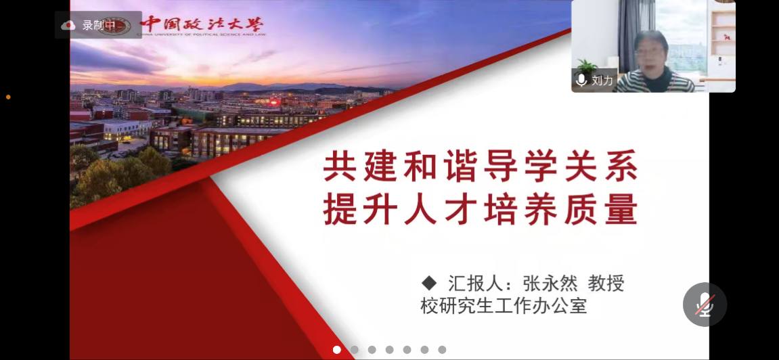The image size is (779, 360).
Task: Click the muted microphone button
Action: (x=705, y=305)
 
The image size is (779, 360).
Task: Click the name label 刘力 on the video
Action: (x=602, y=80)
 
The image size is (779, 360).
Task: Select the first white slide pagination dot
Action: (x=337, y=350)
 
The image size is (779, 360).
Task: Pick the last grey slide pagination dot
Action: (x=442, y=350)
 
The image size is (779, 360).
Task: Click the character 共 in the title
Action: (x=340, y=168)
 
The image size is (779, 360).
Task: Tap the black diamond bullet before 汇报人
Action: (x=428, y=283)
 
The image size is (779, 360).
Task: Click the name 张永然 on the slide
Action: (x=550, y=284)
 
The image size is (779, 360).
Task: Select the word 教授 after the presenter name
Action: (x=606, y=284)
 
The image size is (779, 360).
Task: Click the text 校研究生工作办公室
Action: (x=504, y=305)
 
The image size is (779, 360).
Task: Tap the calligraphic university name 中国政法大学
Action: (x=202, y=24)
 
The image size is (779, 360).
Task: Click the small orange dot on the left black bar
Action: (x=8, y=97)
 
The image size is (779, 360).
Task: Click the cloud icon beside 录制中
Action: (x=68, y=25)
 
